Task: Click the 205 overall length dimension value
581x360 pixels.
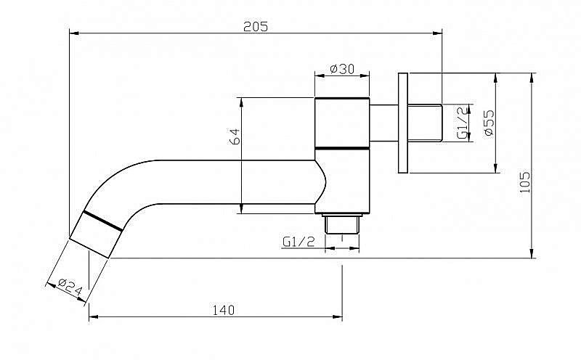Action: click(x=256, y=27)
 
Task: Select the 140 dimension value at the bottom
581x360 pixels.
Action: click(x=224, y=310)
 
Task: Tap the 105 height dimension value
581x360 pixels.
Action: click(x=524, y=181)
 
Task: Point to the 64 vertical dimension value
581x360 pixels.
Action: click(x=235, y=136)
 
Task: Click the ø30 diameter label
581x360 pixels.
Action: click(x=342, y=69)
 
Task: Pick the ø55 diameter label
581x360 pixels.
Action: click(x=489, y=123)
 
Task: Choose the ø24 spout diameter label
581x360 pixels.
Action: click(x=70, y=287)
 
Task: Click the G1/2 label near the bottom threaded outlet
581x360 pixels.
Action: click(x=298, y=242)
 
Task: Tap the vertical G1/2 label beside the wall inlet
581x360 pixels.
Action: click(x=462, y=123)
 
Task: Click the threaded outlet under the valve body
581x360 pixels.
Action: click(x=342, y=224)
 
